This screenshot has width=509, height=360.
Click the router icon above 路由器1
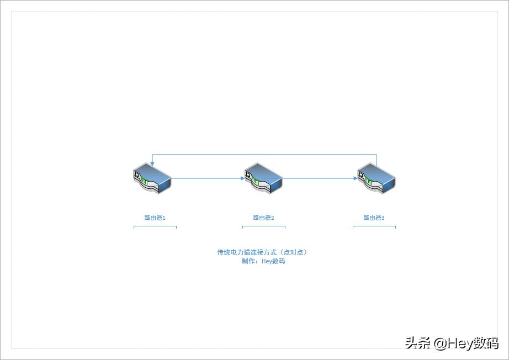[152, 178]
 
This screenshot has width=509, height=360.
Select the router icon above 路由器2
[263, 178]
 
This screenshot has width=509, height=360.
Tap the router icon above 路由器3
[377, 178]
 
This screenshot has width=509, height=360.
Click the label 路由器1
[155, 218]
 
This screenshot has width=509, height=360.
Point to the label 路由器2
[263, 218]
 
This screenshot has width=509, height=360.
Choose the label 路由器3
[374, 218]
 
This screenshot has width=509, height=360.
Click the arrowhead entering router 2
[242, 178]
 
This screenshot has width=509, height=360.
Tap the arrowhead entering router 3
[356, 178]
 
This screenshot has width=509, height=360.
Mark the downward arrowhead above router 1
[152, 164]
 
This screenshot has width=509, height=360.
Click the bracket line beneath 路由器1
[155, 226]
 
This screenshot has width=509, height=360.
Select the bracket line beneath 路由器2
[264, 226]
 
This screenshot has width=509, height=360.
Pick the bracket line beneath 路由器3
[374, 226]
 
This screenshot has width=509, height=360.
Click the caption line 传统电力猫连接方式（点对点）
[262, 252]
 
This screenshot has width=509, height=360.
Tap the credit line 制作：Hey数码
[263, 261]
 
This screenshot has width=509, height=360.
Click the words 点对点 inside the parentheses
[294, 252]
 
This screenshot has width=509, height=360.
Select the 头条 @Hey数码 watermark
[452, 343]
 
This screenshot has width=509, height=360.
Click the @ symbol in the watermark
[441, 343]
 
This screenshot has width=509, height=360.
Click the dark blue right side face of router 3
[389, 186]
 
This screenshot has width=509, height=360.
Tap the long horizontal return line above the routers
[264, 155]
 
